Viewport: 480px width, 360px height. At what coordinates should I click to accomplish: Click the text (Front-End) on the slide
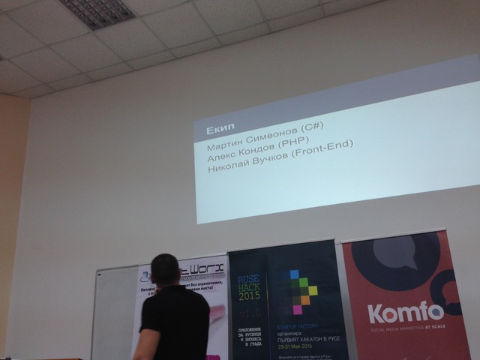coord(322,153)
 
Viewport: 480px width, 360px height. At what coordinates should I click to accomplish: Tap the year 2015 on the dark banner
coord(250,295)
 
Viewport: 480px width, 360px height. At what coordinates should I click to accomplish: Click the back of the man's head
coord(165,269)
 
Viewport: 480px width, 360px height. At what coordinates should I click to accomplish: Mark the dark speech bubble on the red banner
coord(396,262)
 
